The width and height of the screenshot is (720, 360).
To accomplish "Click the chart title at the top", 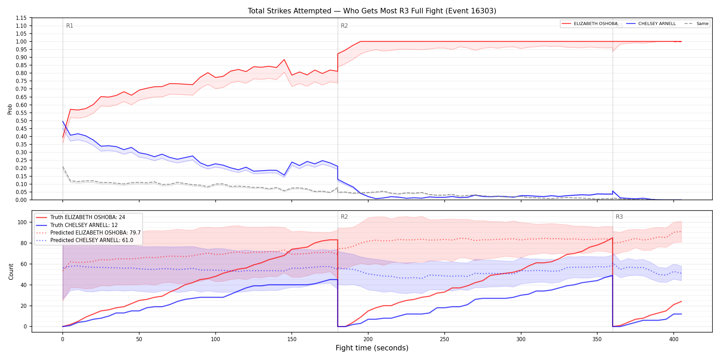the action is pyautogui.click(x=372, y=11).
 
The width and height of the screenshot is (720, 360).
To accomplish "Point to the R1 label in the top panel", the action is pyautogui.click(x=70, y=26).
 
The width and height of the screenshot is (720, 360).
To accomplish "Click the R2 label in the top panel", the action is pyautogui.click(x=344, y=26).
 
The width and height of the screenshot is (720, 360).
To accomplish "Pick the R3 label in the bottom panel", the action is pyautogui.click(x=619, y=217).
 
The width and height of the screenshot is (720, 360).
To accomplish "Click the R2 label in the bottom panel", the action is pyautogui.click(x=344, y=217).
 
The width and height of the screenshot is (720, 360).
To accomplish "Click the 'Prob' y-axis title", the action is pyautogui.click(x=10, y=109).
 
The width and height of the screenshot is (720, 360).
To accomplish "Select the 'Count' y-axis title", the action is pyautogui.click(x=11, y=272).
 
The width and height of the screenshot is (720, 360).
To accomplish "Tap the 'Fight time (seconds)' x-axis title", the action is pyautogui.click(x=372, y=348).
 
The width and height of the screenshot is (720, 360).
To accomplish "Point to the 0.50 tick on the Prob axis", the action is pyautogui.click(x=21, y=121).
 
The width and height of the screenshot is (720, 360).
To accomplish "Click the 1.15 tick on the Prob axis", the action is pyautogui.click(x=21, y=18).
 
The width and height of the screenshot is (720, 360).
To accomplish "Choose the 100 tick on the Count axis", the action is pyautogui.click(x=22, y=222).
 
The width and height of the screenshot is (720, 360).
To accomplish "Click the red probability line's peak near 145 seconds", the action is pyautogui.click(x=284, y=60).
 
